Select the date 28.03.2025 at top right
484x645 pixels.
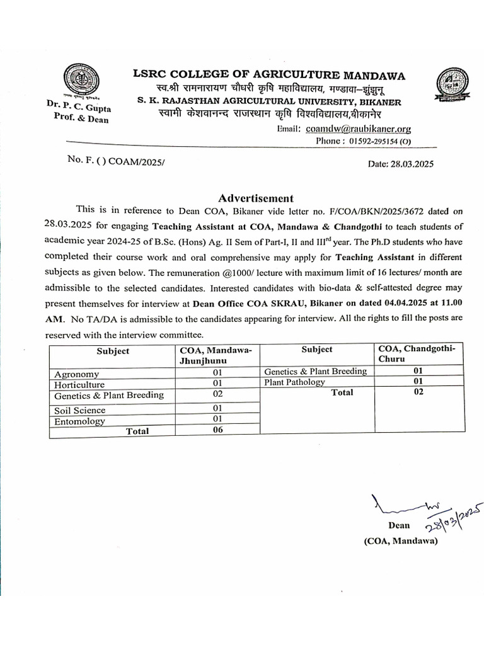(400, 164)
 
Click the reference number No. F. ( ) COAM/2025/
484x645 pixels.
(118, 161)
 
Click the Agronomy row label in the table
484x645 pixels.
(76, 374)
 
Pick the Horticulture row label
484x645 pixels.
(79, 384)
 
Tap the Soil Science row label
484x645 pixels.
(79, 410)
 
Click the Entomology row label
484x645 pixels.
(79, 421)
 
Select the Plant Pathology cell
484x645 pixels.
(294, 382)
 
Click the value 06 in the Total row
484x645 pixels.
(218, 430)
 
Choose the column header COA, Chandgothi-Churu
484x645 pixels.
(420, 354)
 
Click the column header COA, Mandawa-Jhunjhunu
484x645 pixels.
(216, 355)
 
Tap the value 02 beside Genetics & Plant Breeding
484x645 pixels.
(218, 394)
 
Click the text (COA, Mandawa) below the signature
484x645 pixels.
(400, 540)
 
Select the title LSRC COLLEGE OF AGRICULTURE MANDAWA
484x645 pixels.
(269, 76)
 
